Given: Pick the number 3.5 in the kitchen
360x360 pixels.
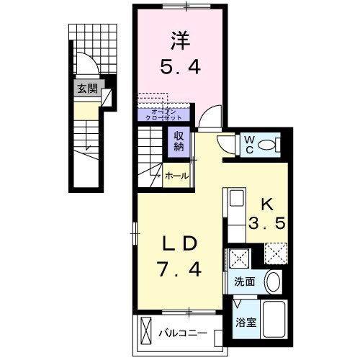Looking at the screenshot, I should click(x=267, y=223).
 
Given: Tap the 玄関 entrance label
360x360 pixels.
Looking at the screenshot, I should click(x=88, y=90).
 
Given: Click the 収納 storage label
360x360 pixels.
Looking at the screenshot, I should click(x=178, y=140).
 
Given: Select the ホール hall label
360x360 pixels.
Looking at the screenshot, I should click(x=177, y=176).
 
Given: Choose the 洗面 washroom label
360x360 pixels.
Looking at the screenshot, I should click(x=243, y=282).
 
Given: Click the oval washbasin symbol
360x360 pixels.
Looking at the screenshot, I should click(x=272, y=281).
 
